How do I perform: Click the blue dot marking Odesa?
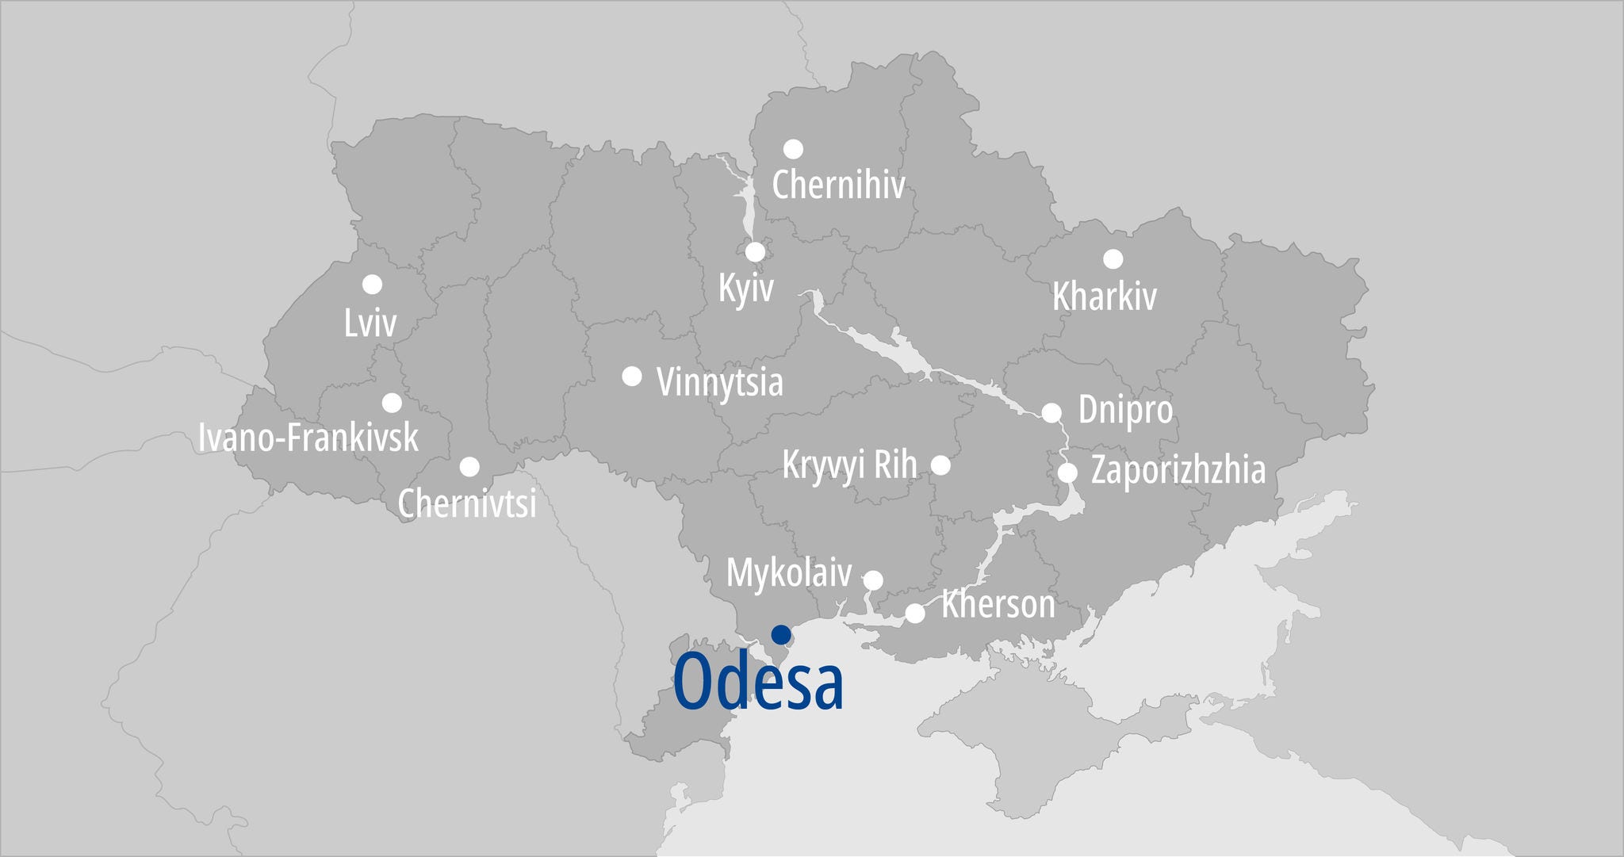pyautogui.click(x=781, y=634)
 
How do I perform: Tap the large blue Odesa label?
pyautogui.click(x=758, y=683)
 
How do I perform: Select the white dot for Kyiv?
pyautogui.click(x=755, y=251)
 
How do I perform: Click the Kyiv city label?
pyautogui.click(x=745, y=287)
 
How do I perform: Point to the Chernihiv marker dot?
pyautogui.click(x=793, y=149)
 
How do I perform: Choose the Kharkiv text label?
pyautogui.click(x=1104, y=297)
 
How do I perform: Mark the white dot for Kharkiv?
pyautogui.click(x=1113, y=258)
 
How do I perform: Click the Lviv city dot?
pyautogui.click(x=372, y=284)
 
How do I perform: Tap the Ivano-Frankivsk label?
pyautogui.click(x=308, y=438)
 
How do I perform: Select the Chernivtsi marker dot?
pyautogui.click(x=469, y=466)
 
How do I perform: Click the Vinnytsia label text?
pyautogui.click(x=719, y=382)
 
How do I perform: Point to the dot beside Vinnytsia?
pyautogui.click(x=631, y=376)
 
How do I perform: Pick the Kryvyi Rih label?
pyautogui.click(x=849, y=465)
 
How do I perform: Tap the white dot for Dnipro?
pyautogui.click(x=1051, y=412)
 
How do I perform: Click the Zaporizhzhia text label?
pyautogui.click(x=1178, y=470)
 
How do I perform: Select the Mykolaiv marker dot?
pyautogui.click(x=872, y=580)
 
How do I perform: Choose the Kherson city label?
pyautogui.click(x=998, y=605)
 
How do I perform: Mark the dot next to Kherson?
pyautogui.click(x=915, y=613)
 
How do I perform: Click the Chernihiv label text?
pyautogui.click(x=838, y=185)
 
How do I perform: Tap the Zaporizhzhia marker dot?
pyautogui.click(x=1067, y=472)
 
